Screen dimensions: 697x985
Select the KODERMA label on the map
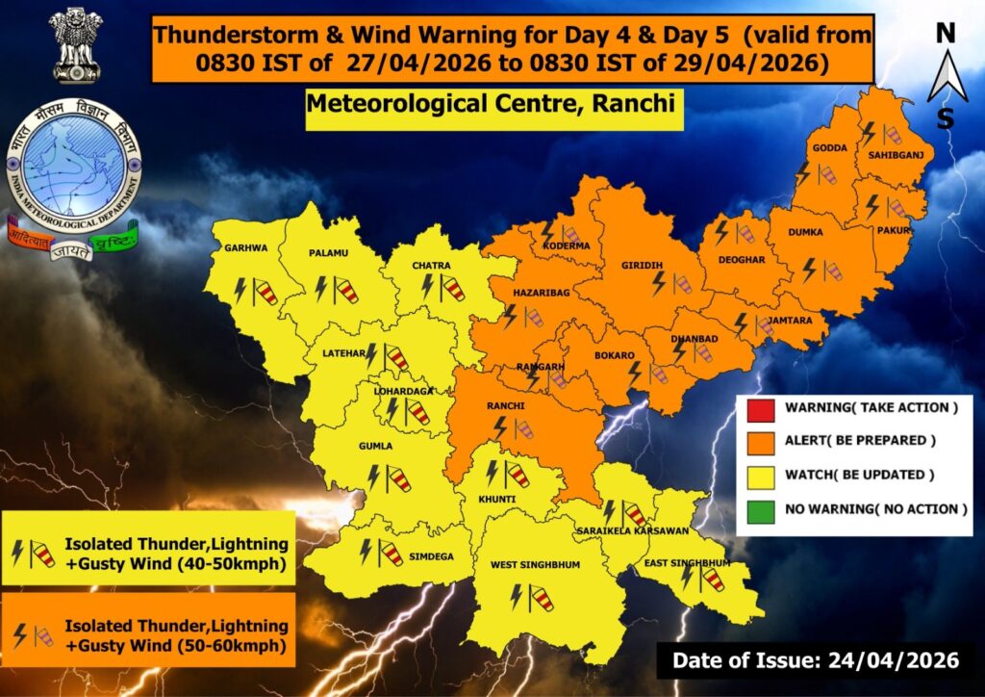pyautogui.click(x=567, y=245)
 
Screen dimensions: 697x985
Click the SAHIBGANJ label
pyautogui.click(x=890, y=154)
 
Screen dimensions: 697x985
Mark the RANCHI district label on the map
pyautogui.click(x=505, y=406)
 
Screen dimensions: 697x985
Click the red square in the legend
pyautogui.click(x=760, y=408)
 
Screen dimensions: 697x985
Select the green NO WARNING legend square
pyautogui.click(x=760, y=508)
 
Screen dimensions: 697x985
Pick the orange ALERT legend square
pyautogui.click(x=760, y=441)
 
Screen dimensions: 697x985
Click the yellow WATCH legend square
pyautogui.click(x=760, y=475)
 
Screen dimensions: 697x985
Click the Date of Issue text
pyautogui.click(x=815, y=660)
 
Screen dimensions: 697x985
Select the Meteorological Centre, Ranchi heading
pyautogui.click(x=493, y=103)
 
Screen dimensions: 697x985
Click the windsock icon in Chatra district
pyautogui.click(x=452, y=287)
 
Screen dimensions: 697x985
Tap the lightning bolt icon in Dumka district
pyautogui.click(x=810, y=269)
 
